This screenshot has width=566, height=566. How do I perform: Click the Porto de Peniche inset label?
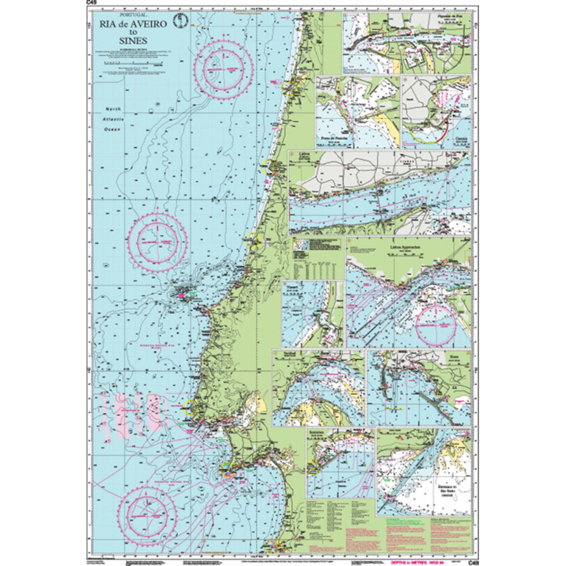[334, 137]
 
